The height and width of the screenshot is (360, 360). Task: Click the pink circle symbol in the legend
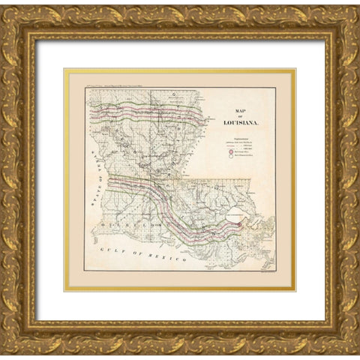[x=231, y=152]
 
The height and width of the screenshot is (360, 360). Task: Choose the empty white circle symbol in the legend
[x=231, y=159]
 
